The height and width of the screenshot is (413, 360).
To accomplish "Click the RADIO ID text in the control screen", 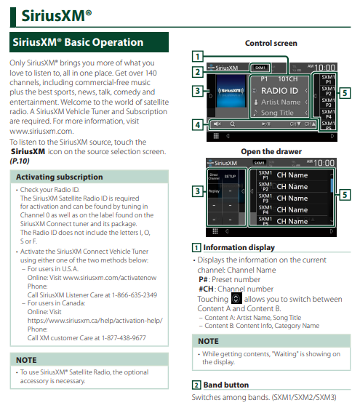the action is [279, 91].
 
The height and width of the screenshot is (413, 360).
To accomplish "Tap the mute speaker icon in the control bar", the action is [217, 124].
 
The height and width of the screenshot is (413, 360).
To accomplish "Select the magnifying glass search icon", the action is [233, 124].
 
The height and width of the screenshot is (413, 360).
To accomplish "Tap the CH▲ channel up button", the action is [310, 124].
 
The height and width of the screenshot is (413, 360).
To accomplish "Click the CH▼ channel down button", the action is [295, 124].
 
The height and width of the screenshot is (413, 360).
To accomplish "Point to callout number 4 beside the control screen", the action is [197, 125].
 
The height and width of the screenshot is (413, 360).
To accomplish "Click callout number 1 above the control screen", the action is [197, 56].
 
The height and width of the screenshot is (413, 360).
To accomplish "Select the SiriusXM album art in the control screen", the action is [231, 91].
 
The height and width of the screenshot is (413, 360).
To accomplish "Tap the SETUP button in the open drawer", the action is [230, 177].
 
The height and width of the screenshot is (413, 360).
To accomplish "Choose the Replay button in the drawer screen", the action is [214, 191].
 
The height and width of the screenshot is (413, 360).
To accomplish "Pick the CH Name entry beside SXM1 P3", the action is [292, 198].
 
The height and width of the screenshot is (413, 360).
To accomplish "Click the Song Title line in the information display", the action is [277, 113].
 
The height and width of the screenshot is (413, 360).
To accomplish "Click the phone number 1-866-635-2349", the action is [135, 295].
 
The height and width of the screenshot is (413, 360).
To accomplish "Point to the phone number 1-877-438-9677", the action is [124, 338].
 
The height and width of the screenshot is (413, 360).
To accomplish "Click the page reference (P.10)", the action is [20, 161].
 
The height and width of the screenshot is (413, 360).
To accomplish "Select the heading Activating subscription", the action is [60, 177].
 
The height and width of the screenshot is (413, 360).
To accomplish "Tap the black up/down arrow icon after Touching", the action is [236, 298].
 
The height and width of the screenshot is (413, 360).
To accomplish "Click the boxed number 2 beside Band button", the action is [196, 385].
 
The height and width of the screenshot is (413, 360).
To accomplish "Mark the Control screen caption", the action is [271, 43].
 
